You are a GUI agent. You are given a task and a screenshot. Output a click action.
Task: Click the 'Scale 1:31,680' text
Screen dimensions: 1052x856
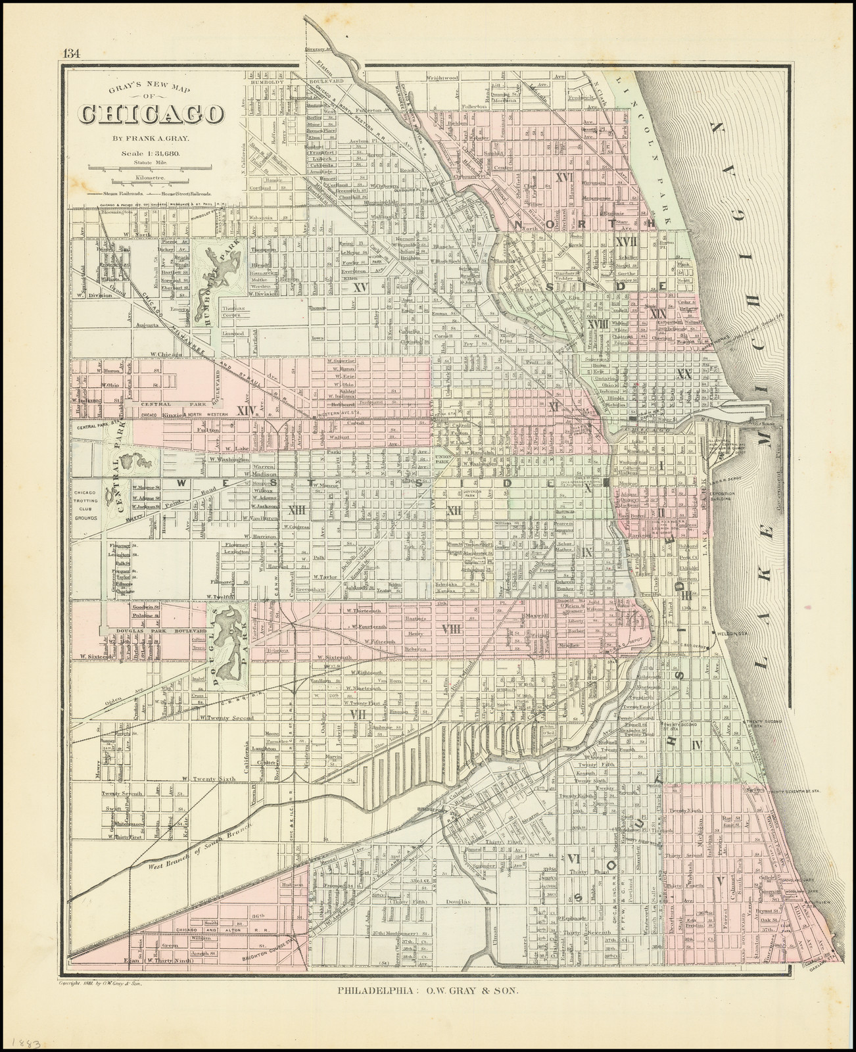point(151,154)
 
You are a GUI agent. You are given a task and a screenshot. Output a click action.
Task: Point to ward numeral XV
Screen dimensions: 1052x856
point(360,287)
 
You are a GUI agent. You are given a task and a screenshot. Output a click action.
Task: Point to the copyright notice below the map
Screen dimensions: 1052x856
point(96,1003)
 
